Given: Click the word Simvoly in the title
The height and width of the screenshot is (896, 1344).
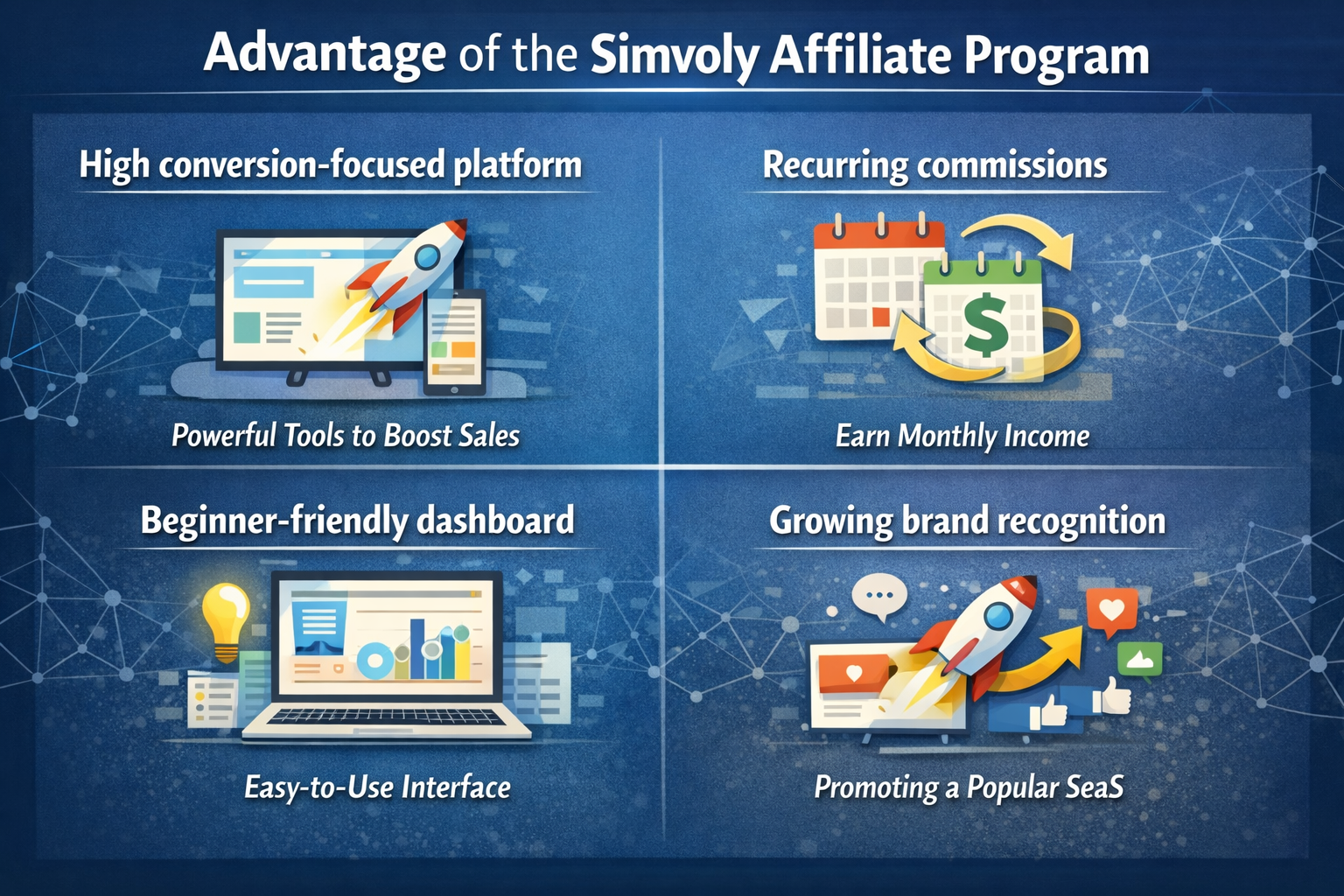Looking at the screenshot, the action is [675, 57].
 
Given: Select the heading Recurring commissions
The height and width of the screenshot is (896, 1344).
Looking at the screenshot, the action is [934, 165].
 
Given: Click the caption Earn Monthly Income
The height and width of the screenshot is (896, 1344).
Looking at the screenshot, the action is [962, 436].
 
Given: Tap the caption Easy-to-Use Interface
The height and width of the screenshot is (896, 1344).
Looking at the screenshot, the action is [377, 787].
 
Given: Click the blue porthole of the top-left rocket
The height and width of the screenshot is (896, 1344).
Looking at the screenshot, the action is [427, 257].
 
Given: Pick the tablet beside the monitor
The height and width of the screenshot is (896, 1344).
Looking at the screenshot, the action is [455, 342].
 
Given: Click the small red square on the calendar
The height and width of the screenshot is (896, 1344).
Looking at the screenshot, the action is [881, 316].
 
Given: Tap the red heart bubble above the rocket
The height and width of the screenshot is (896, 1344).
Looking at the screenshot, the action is [1112, 611].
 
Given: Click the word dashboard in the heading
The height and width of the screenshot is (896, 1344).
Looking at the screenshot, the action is [495, 521].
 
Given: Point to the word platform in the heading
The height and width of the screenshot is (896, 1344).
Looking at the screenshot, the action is [517, 165].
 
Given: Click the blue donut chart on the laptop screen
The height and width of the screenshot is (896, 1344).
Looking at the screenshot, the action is [375, 660].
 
